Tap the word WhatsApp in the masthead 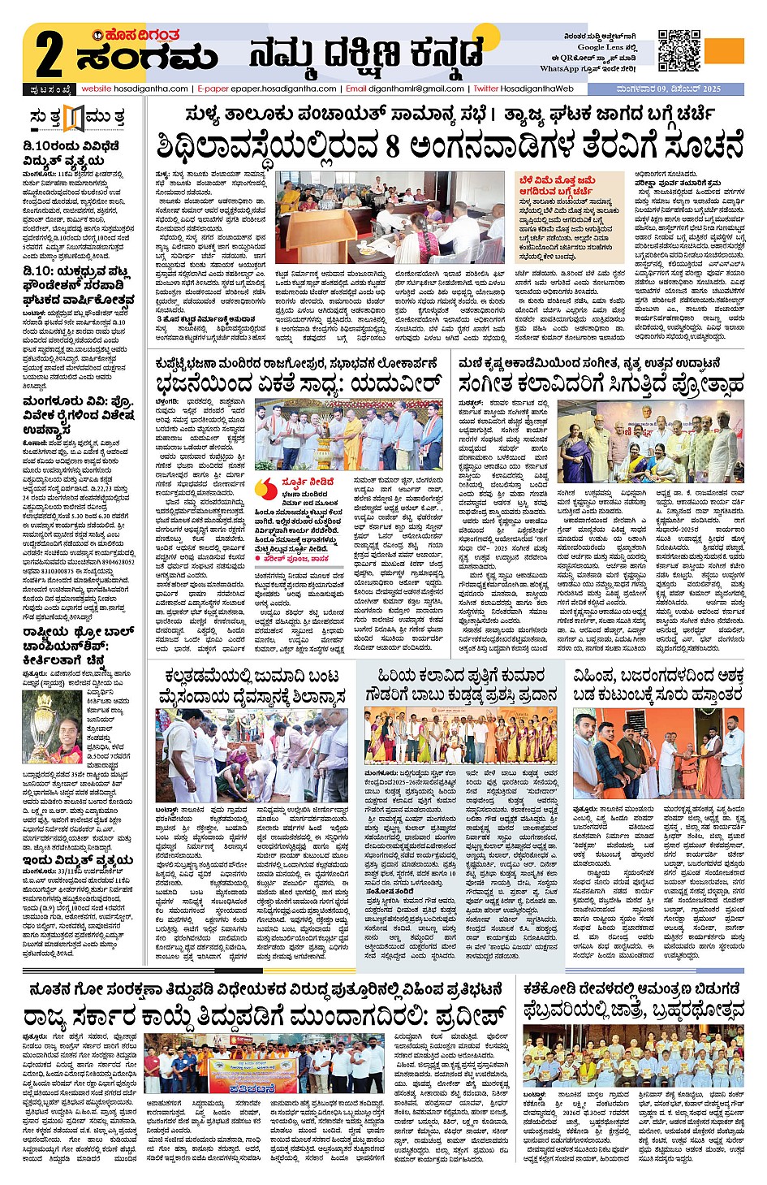click(x=559, y=69)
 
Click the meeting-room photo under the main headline click(x=390, y=217)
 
